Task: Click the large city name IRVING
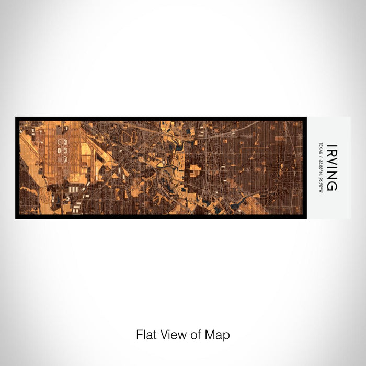coord(331,167)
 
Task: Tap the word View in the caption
coord(169,335)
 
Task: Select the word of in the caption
coord(190,335)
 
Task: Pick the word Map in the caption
coord(214,335)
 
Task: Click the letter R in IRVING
coord(331,152)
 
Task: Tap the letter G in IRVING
coord(331,186)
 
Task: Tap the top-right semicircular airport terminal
coord(66,142)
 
